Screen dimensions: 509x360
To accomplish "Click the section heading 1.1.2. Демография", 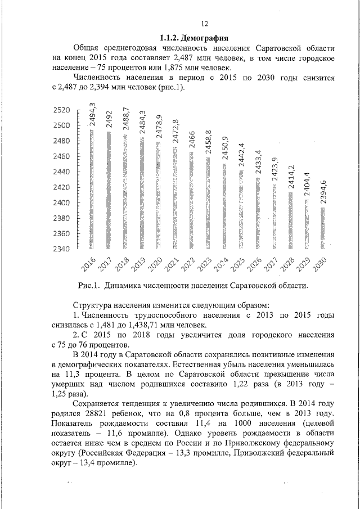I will click(x=193, y=38).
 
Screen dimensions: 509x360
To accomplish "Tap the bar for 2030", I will click(x=323, y=228).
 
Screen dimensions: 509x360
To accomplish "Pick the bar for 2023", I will click(x=208, y=203).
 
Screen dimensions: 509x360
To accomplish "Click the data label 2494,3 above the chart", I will click(x=92, y=111).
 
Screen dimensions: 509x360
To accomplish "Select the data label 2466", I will click(x=191, y=138).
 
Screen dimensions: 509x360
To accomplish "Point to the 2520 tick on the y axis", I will click(x=62, y=110).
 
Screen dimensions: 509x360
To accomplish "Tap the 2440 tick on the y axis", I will click(x=62, y=172).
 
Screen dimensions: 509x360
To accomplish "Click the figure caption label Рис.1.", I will click(x=88, y=286).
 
